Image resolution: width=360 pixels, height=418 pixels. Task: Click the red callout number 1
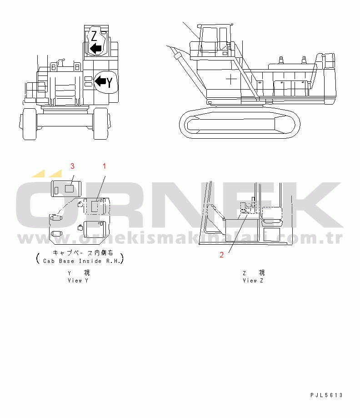pos(105,166)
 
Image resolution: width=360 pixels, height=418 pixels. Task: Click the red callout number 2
pos(221,255)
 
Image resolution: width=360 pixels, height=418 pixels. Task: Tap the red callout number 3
pos(72,166)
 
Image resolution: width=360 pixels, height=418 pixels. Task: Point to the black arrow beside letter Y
pos(100,81)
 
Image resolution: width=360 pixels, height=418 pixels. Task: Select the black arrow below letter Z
pos(96,49)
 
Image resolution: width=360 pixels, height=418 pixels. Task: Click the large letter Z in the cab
pos(94,36)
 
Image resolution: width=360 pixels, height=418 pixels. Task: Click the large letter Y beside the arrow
pos(109,82)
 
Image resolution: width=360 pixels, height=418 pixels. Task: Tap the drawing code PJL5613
pos(326,395)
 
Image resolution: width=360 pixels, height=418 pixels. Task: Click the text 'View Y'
pos(78,281)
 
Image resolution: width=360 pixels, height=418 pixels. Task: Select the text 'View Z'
pos(253,281)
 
